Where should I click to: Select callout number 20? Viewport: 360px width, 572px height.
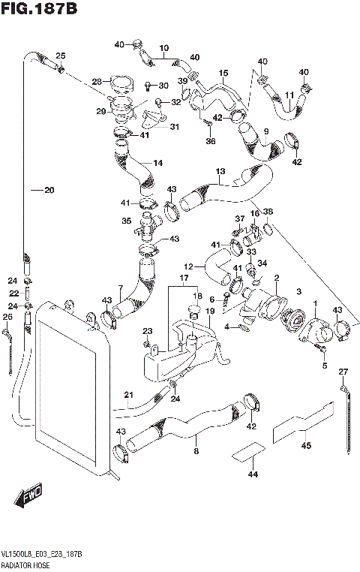pos(48,190)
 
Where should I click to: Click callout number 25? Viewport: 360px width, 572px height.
pos(61,56)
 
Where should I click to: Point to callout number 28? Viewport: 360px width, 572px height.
pos(97,82)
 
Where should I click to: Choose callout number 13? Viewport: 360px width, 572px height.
pos(220,171)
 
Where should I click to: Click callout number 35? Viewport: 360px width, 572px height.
pos(126,221)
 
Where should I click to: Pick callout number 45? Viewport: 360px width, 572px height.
pos(306,446)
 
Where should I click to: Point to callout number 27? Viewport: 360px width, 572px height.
pos(343,372)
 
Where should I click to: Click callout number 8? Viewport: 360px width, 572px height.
pos(196,451)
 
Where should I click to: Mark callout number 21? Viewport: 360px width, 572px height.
pos(128,396)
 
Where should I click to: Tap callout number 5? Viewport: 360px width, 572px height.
pos(325,366)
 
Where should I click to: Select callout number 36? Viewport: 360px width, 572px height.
pos(211,140)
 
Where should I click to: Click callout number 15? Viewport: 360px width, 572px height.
pos(223,73)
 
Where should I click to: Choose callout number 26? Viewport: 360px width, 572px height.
pos(7,318)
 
